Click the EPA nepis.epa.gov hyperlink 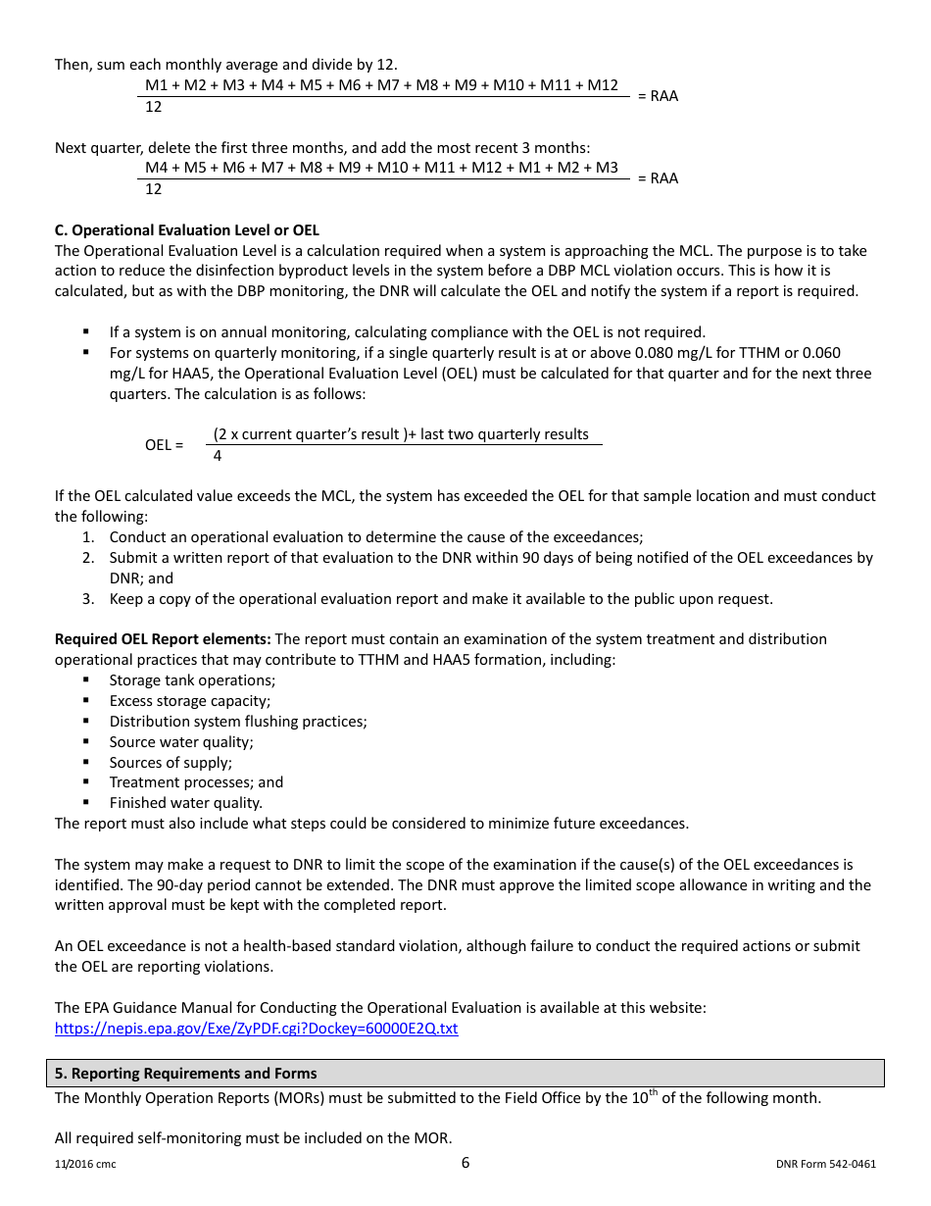click(x=256, y=1029)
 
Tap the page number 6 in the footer click(x=465, y=1163)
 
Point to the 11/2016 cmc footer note click(x=85, y=1165)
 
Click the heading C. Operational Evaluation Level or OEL click(x=186, y=230)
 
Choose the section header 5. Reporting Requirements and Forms click(x=185, y=1074)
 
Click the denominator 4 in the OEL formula click(x=218, y=456)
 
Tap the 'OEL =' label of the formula click(x=164, y=445)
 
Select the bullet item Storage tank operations click(x=192, y=680)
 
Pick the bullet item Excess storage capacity click(x=189, y=701)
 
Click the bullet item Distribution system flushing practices click(x=238, y=722)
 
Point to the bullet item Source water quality click(x=181, y=742)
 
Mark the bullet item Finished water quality click(x=185, y=803)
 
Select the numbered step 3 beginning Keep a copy click(x=441, y=599)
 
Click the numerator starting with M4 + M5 click(x=381, y=168)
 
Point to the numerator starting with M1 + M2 click(x=381, y=85)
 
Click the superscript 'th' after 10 click(x=653, y=1092)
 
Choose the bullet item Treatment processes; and click(x=196, y=782)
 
